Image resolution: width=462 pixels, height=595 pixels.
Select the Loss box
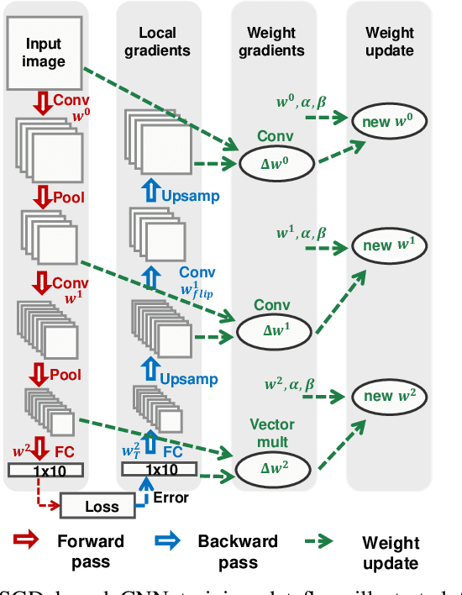pos(102,507)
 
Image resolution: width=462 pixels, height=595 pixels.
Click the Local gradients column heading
pos(157,42)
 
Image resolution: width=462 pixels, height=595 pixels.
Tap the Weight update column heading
pos(390,41)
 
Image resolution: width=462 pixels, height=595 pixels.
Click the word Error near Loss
pos(171,498)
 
